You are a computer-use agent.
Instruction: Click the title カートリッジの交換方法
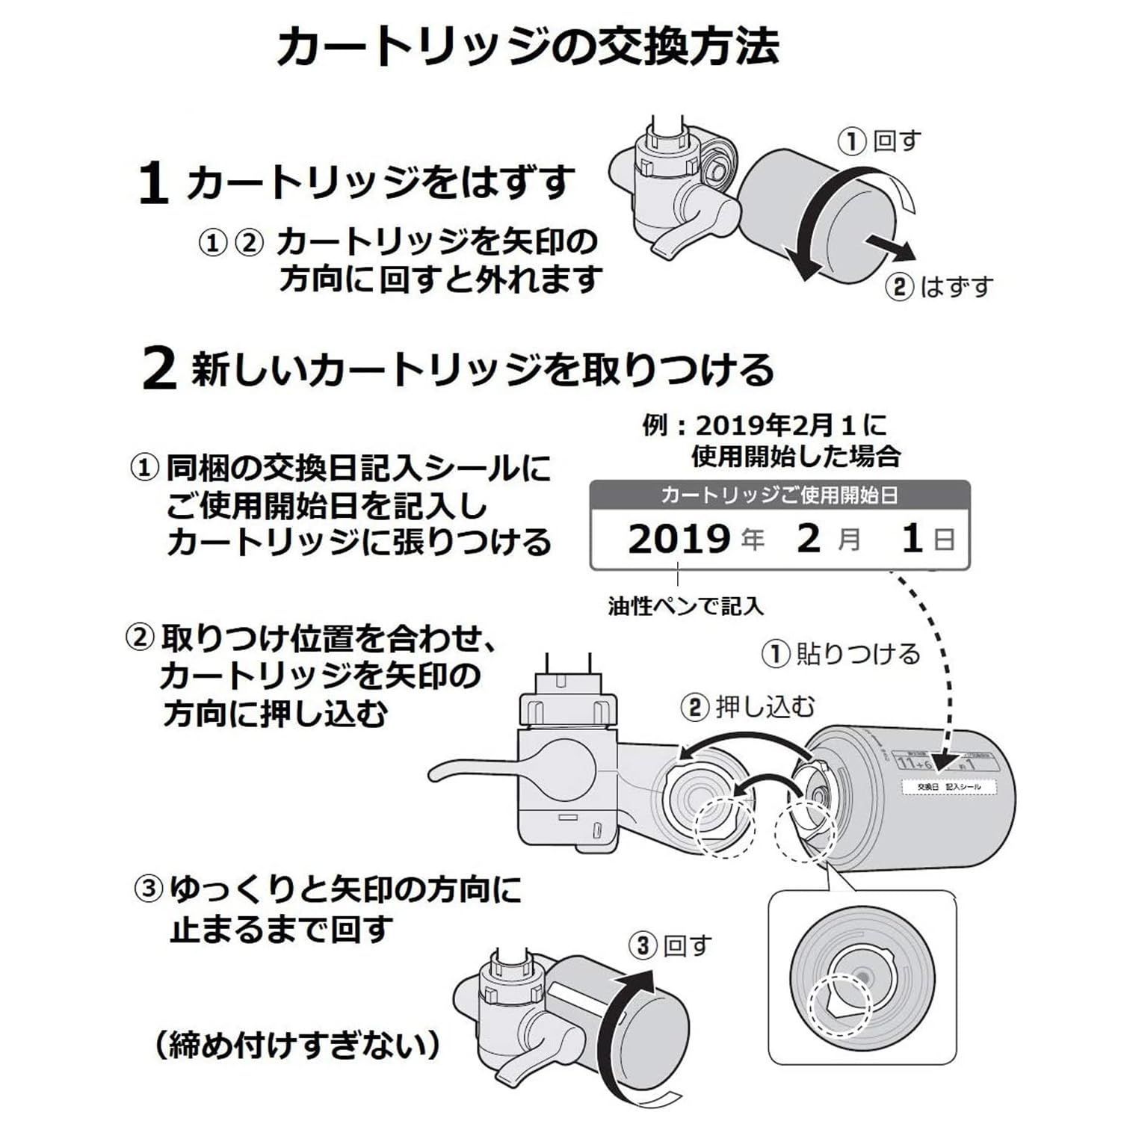(528, 47)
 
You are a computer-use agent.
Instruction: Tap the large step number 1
(152, 184)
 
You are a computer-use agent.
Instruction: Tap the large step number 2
(158, 371)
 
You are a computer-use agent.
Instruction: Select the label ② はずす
(939, 287)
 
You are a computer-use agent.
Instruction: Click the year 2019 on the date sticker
(679, 539)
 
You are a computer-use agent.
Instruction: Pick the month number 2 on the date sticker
(809, 539)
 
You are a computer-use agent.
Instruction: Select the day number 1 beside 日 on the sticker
(911, 539)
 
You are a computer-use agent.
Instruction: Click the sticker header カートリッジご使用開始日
(779, 495)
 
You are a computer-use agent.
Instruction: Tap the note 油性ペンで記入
(685, 605)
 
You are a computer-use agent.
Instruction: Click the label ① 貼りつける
(841, 654)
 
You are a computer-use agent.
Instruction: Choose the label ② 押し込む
(748, 706)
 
